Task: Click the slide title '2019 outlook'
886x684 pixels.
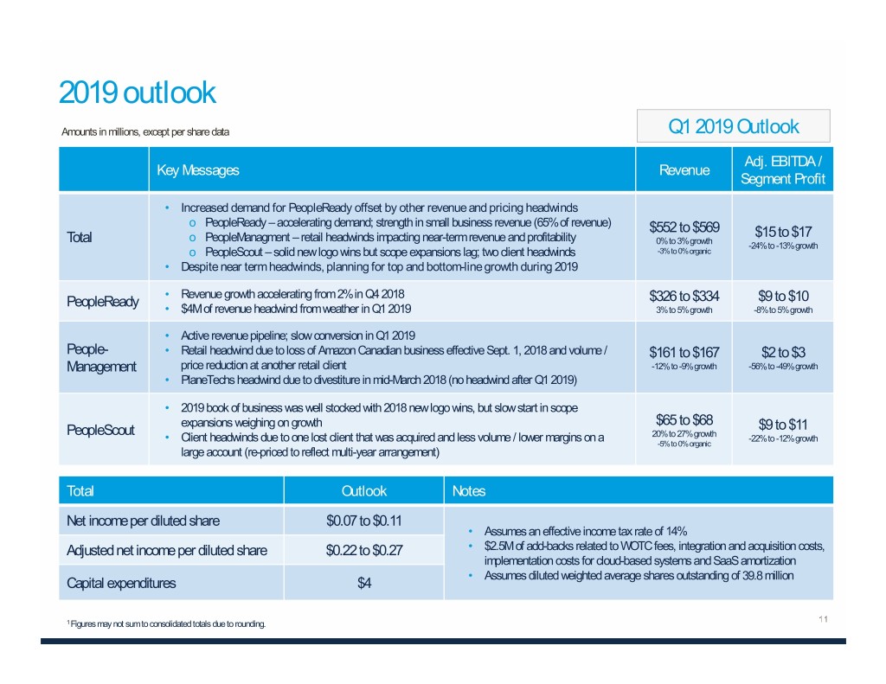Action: [137, 93]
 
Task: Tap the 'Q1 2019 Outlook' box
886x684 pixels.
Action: [733, 127]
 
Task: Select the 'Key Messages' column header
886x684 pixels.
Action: [197, 170]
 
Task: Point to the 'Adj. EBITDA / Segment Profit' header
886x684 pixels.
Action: [782, 170]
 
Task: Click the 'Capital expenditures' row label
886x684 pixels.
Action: [121, 583]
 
